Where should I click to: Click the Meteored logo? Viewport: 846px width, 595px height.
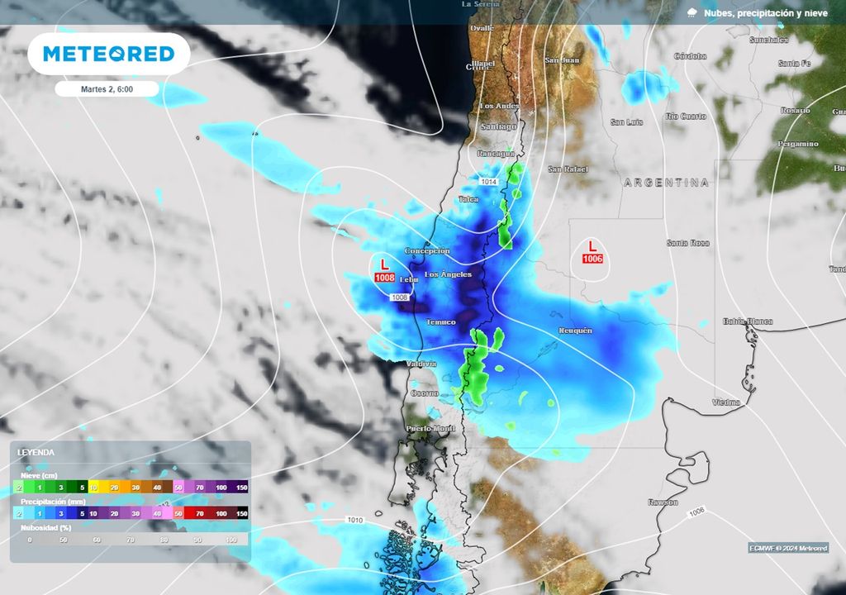[108, 54]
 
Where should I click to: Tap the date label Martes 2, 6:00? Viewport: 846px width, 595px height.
[107, 88]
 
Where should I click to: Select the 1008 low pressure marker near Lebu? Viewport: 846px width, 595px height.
[385, 272]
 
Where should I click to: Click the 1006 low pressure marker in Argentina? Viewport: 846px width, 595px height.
[592, 252]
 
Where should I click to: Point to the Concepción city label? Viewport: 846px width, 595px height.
[427, 250]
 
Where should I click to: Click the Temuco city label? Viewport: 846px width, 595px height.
[440, 321]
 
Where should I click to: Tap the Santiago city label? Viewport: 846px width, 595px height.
[498, 126]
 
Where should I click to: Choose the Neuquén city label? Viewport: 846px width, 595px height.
[575, 331]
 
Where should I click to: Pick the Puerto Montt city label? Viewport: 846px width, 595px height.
[430, 428]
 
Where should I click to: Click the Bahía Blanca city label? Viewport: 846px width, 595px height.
[747, 321]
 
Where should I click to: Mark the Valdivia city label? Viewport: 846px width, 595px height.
[422, 364]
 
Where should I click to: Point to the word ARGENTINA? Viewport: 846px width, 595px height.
[667, 183]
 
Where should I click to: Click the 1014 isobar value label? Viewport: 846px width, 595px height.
[489, 181]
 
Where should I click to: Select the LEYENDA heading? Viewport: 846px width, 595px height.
[36, 453]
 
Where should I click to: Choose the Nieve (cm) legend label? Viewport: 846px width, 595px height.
[39, 475]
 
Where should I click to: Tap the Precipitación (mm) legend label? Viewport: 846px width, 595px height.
[51, 501]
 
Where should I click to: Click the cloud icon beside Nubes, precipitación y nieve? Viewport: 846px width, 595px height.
[692, 12]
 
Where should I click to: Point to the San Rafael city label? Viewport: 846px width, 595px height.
[568, 169]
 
